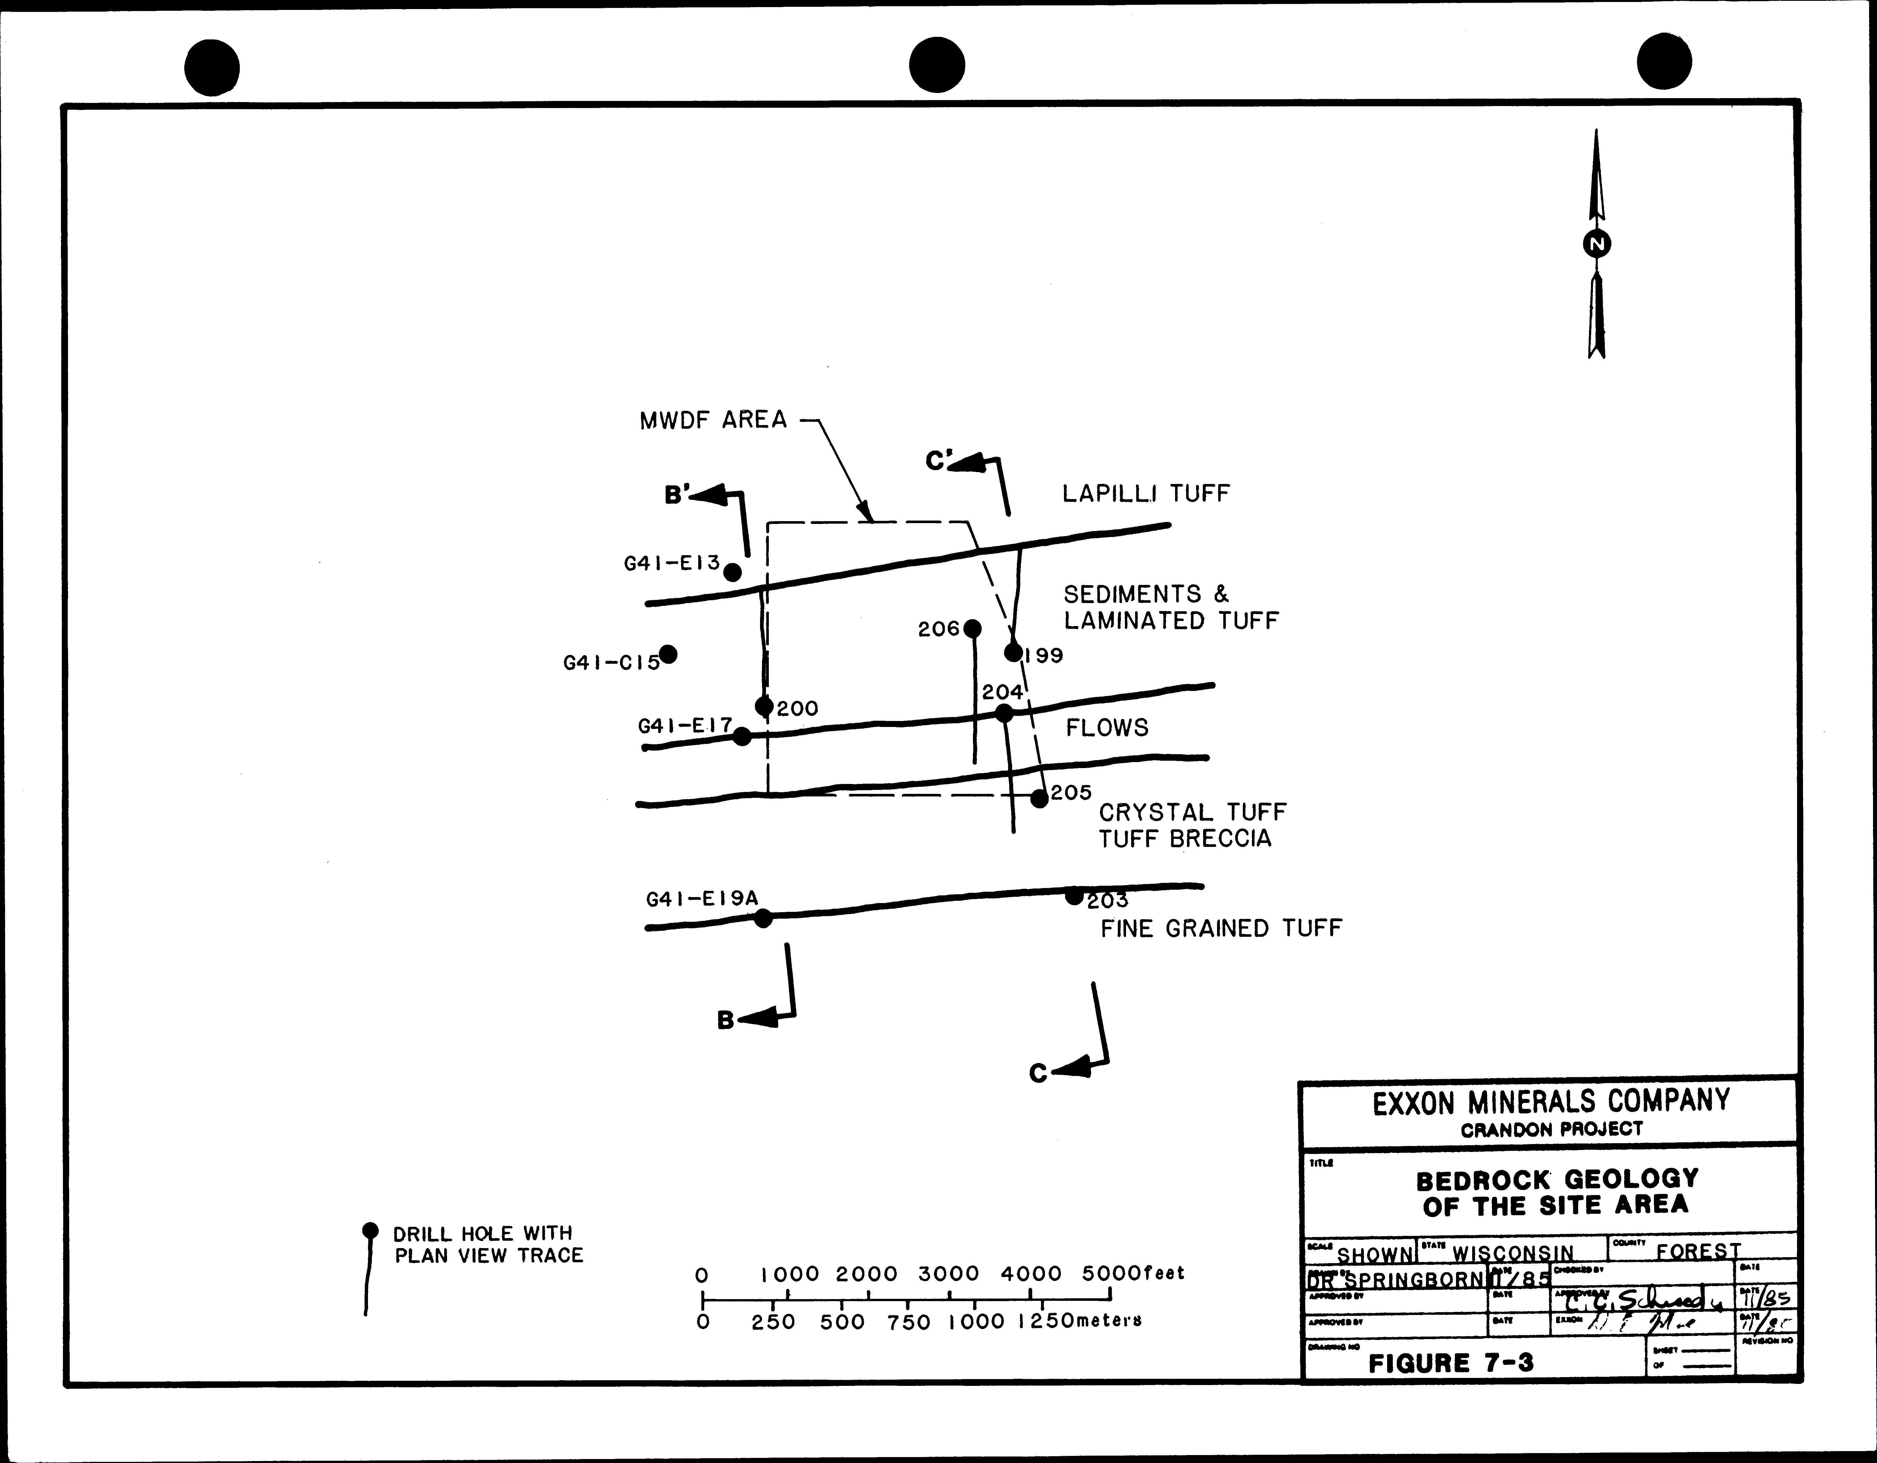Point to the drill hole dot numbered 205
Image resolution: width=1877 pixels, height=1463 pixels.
coord(1039,798)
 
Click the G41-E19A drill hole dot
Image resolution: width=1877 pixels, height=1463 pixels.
coord(763,918)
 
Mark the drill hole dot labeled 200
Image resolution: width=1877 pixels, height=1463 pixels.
coord(764,707)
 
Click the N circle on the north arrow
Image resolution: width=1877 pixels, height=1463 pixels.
coord(1597,245)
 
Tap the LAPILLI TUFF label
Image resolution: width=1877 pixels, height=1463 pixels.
coord(1146,493)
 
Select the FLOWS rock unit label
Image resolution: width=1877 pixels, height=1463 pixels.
coord(1107,728)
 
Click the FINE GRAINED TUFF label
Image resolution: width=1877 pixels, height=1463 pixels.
coord(1220,928)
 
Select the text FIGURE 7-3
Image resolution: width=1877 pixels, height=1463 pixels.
coord(1451,1362)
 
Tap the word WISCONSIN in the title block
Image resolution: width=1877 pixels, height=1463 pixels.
coord(1513,1253)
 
